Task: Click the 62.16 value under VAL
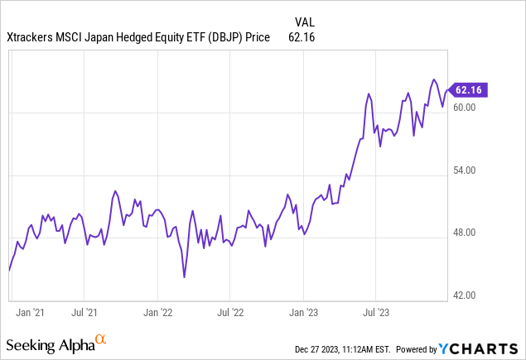[302, 37]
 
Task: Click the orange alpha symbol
[100, 339]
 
